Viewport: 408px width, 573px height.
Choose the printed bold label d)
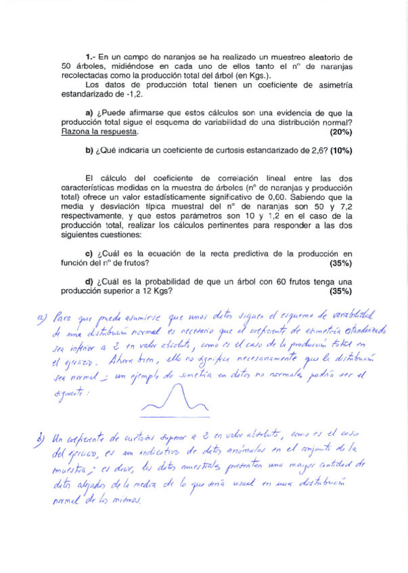pyautogui.click(x=89, y=282)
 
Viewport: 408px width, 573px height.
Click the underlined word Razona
pyautogui.click(x=76, y=132)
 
